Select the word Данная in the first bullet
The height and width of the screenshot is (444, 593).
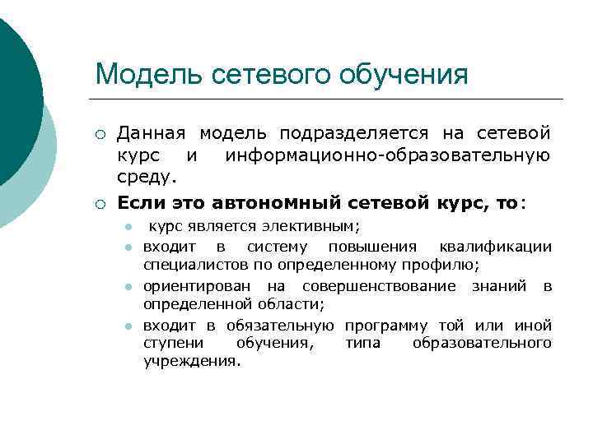(152, 133)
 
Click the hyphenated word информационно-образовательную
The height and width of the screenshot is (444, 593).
(387, 155)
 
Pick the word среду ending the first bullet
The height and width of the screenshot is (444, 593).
(145, 176)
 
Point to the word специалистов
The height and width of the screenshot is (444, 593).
(186, 266)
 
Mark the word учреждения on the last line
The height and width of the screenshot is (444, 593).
(191, 362)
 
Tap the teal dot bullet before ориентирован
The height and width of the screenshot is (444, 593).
(128, 287)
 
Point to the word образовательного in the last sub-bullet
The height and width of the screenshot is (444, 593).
(482, 343)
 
